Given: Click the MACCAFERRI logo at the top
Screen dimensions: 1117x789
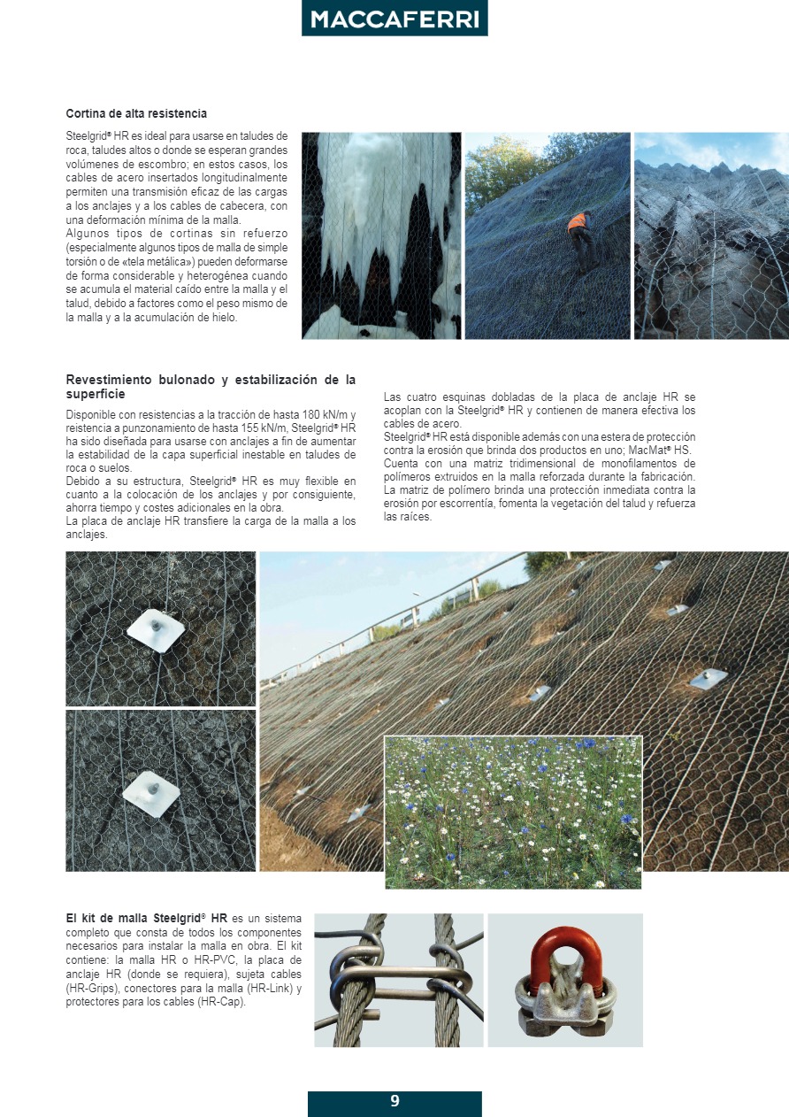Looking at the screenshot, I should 394,19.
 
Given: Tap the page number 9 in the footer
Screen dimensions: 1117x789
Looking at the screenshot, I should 394,1102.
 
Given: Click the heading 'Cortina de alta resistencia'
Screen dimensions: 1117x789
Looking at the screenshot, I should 136,114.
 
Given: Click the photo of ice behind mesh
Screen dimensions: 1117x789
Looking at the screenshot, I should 381,235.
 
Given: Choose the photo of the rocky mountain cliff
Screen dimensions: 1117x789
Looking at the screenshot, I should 711,235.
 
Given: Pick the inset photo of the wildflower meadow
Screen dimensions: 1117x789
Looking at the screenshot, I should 513,812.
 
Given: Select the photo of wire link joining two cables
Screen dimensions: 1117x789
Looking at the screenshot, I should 398,980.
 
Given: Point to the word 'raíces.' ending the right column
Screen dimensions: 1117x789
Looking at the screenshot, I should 408,517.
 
